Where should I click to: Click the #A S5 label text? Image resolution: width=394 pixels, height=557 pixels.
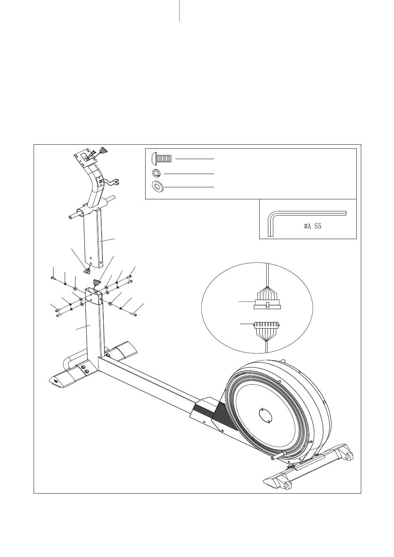pos(312,227)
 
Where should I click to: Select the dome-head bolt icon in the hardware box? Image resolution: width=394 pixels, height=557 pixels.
pos(161,158)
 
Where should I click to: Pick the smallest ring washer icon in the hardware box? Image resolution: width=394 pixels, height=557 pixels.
pos(156,173)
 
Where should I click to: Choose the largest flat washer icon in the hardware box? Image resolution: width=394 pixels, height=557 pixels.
pos(157,186)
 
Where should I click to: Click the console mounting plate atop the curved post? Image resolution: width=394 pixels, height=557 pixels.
pos(85,159)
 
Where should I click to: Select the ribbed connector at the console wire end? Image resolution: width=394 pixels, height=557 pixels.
pos(103,150)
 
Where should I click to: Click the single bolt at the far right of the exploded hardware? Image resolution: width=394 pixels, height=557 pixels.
pos(134,315)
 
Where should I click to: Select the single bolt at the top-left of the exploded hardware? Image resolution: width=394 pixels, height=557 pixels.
pos(53,278)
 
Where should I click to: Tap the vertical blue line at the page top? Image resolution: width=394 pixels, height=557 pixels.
pos(179,11)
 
